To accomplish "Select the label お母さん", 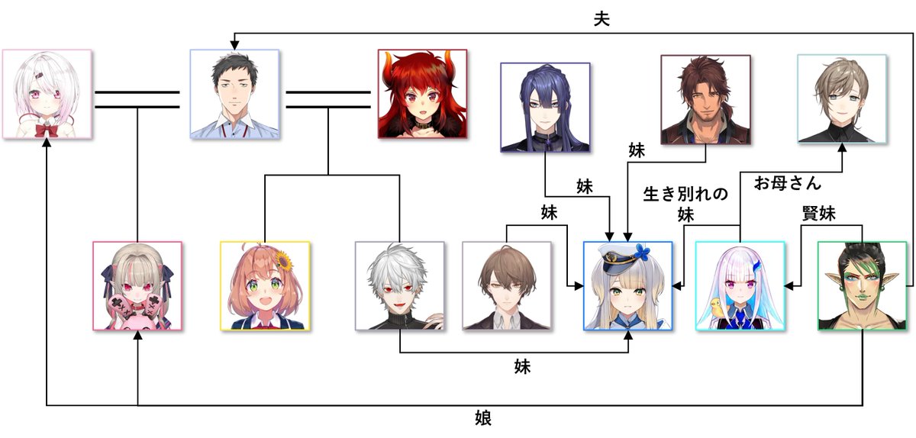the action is point(787,183).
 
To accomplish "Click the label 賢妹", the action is point(818,213).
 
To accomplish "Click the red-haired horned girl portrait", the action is point(422,94).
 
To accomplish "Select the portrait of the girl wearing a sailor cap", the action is point(628,286).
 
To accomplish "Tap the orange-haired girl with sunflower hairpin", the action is point(265,286).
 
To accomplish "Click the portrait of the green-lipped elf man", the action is point(862,285).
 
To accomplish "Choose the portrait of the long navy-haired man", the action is point(545,108).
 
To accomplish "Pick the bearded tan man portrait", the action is point(706,99).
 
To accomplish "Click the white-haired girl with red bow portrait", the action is point(47,95).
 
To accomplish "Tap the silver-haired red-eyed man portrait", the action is point(400,286).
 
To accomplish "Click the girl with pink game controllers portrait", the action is point(137,286).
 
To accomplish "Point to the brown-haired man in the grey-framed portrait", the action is point(507,286).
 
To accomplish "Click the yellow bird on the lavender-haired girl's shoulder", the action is point(718,307).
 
